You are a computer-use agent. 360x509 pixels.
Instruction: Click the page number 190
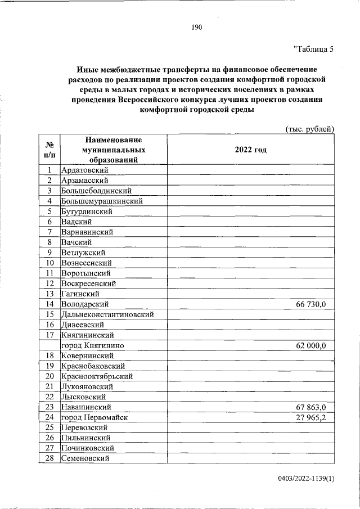click(196, 27)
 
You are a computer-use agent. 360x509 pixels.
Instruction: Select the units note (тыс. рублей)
click(310, 129)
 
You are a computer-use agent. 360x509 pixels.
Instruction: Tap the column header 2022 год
click(250, 150)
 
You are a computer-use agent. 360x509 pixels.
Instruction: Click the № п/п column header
click(49, 150)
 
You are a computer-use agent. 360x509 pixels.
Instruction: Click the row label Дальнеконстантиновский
click(107, 314)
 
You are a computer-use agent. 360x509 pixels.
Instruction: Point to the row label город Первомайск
click(94, 417)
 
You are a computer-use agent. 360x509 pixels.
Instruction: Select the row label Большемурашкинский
click(102, 201)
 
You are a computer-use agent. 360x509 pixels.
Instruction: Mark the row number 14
click(49, 304)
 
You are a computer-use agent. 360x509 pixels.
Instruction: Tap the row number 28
click(49, 458)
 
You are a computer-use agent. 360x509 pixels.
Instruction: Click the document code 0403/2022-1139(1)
click(306, 479)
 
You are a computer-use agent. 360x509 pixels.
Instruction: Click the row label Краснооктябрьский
click(97, 376)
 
